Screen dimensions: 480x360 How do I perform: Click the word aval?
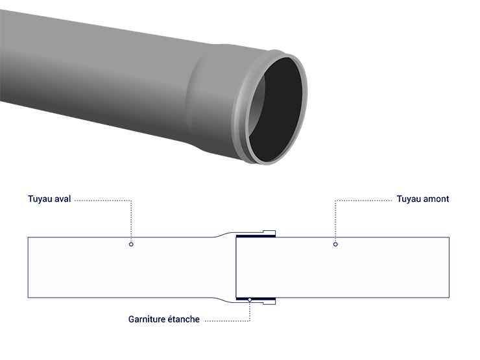coord(62,199)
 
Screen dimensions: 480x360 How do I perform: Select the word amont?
coord(436,199)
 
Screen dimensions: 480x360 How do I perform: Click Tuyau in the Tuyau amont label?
coord(409,199)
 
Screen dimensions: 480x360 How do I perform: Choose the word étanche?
coord(182,319)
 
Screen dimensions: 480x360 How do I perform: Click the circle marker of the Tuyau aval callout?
coord(131,245)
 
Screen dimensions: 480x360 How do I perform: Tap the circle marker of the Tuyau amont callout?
coord(335,245)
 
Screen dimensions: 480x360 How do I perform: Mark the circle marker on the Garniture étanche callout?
coord(250,300)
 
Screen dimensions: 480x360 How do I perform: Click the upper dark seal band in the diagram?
coord(256,236)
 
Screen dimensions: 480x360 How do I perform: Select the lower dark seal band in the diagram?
coord(256,298)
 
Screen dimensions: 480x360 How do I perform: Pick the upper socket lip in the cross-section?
coord(269,232)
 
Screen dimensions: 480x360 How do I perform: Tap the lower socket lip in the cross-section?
coord(269,302)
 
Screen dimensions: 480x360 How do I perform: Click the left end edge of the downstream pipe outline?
coord(28,267)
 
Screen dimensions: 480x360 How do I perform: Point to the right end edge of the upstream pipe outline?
coord(449,267)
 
